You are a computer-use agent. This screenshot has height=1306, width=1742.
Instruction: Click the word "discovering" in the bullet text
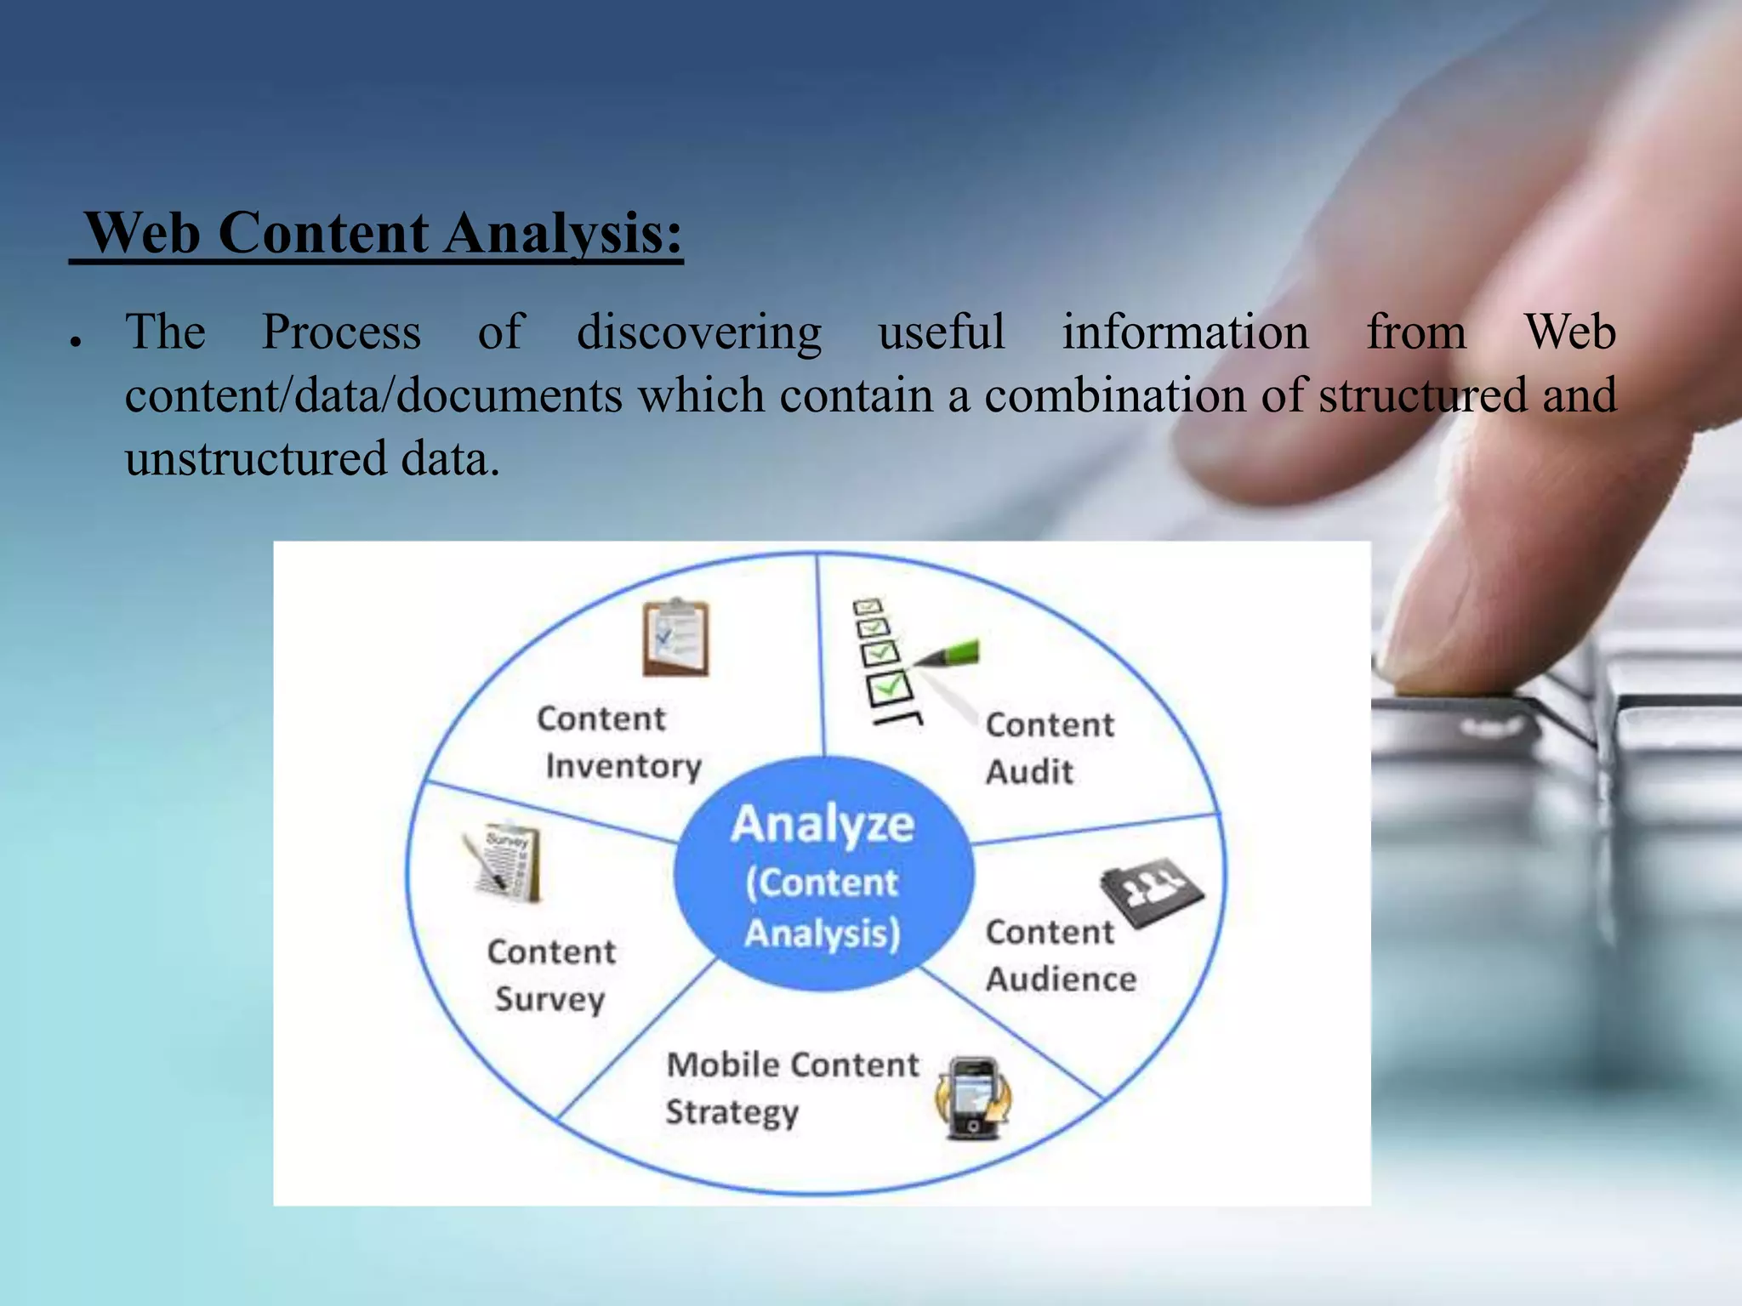pos(699,332)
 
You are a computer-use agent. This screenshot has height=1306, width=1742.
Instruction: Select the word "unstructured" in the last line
pos(256,459)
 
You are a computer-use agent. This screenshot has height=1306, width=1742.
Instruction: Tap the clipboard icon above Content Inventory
pos(676,638)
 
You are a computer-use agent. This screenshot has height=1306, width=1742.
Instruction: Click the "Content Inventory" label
pos(619,742)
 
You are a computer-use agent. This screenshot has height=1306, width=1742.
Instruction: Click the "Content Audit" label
pos(1049,748)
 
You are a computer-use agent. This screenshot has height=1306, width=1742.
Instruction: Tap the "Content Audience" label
pos(1060,956)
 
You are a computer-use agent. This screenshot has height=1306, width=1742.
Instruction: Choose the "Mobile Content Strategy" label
pos(791,1088)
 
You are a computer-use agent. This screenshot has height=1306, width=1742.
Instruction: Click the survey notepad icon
pos(504,862)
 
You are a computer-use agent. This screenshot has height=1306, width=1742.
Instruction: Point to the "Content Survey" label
pos(551,975)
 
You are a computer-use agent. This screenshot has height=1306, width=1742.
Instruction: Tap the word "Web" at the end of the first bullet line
pos(1569,332)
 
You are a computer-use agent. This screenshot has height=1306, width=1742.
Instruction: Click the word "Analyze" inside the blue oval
pos(823,825)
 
